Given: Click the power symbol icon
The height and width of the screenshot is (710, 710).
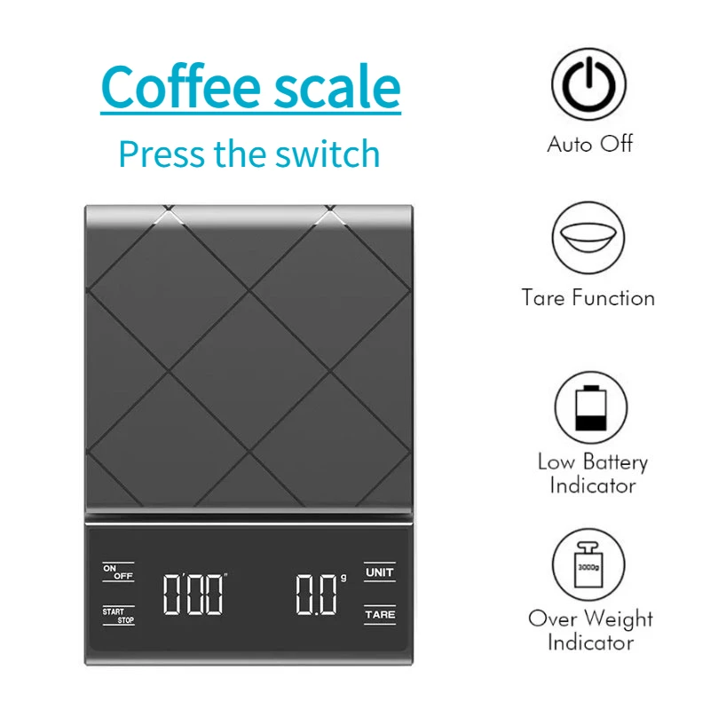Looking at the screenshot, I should (x=588, y=86).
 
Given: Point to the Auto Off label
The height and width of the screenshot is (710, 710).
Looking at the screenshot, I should (x=589, y=144).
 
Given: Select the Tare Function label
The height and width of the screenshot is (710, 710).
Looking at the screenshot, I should (x=588, y=298).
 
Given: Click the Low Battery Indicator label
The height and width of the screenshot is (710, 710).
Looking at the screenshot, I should (x=592, y=473).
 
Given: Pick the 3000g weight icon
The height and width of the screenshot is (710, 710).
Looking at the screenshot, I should (x=588, y=564).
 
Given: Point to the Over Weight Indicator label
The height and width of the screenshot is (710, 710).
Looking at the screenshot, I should (x=590, y=630).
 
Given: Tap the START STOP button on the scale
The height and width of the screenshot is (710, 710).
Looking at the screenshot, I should (x=119, y=615).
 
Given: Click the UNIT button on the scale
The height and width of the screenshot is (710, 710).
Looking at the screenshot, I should (x=379, y=572).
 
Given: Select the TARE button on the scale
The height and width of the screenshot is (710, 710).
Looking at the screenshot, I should (x=379, y=613).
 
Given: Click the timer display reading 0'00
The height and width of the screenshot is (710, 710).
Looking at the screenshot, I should (x=193, y=594).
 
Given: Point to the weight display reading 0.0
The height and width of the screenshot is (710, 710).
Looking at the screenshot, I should (x=315, y=595).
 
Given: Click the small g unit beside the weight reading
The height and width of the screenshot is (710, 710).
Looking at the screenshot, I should (x=342, y=578).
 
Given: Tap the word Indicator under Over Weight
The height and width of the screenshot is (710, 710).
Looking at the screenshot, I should (x=590, y=642).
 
